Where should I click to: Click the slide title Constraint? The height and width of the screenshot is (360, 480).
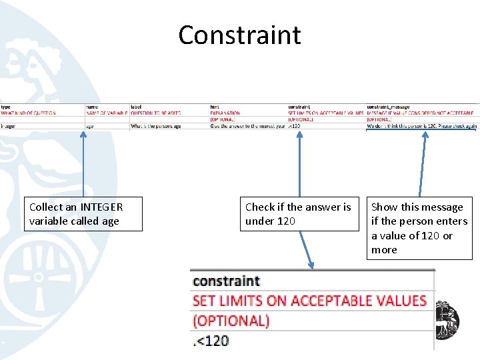tap(239, 35)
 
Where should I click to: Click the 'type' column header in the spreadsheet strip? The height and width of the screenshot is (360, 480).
tap(5, 107)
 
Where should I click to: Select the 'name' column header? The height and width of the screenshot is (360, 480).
tap(92, 107)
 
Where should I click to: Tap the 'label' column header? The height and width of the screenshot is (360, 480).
tap(136, 107)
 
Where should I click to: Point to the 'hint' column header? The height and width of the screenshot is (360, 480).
tap(215, 107)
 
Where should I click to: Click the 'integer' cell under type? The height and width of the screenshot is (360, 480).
tap(8, 126)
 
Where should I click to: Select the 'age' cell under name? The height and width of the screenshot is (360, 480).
tap(90, 126)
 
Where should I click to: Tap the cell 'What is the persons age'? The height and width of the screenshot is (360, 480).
tap(156, 126)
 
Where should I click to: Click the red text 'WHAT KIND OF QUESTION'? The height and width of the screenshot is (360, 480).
tap(28, 113)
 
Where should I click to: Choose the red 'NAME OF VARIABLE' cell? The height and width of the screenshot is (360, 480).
tap(106, 113)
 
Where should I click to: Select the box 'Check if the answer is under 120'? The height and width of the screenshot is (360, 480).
tap(298, 214)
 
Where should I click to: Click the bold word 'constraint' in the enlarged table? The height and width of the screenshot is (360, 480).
tap(226, 281)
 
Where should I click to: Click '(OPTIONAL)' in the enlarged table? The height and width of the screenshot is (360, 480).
tap(231, 321)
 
